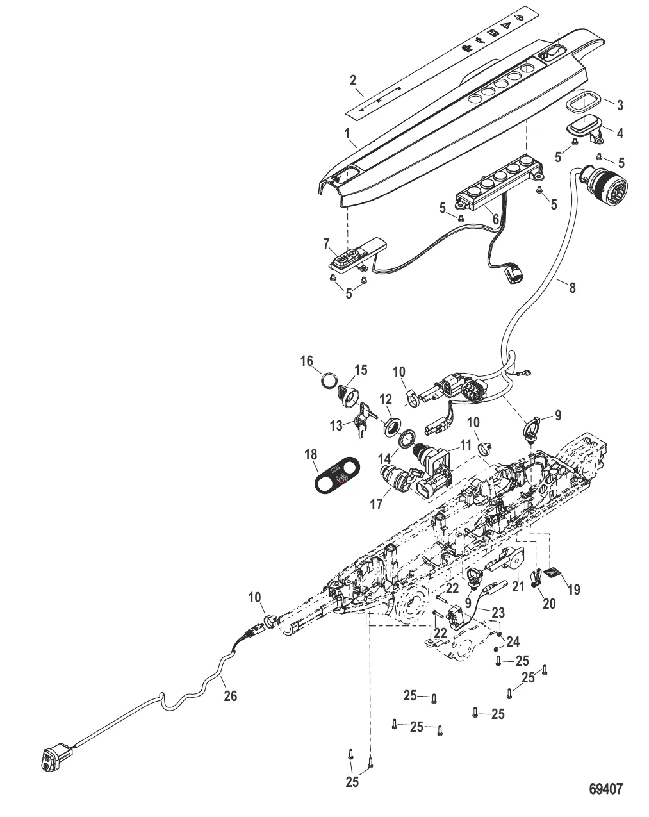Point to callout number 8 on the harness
(572, 288)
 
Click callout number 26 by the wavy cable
(230, 695)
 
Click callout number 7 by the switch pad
(327, 244)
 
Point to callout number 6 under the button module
(495, 219)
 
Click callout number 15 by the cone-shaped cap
(361, 370)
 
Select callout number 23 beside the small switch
(498, 613)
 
